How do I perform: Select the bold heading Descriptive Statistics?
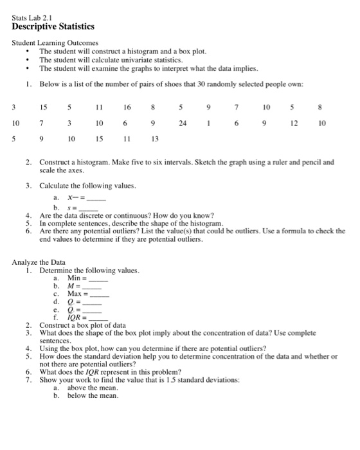[53, 27]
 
